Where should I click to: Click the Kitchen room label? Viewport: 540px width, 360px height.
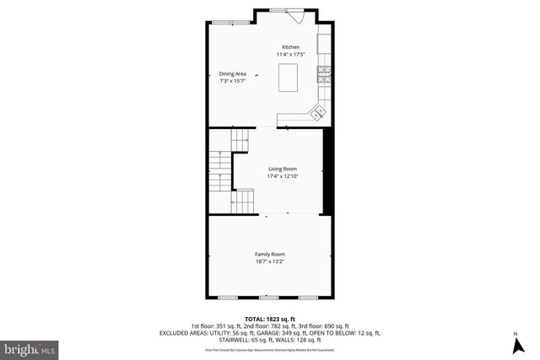[x=290, y=47]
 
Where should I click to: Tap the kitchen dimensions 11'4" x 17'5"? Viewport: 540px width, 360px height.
[x=290, y=55]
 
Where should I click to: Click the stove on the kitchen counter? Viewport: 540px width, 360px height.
[x=323, y=73]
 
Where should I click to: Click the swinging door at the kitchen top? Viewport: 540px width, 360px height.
[x=298, y=16]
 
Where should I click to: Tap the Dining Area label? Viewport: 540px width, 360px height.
[x=232, y=74]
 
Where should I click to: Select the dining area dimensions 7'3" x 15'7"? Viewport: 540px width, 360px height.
[x=232, y=82]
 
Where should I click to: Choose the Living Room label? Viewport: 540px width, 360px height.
[x=283, y=169]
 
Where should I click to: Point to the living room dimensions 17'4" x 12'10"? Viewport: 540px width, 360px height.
[x=283, y=176]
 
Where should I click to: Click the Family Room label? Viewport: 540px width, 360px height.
[x=270, y=254]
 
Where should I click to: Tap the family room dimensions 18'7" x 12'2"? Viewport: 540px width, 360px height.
[x=270, y=261]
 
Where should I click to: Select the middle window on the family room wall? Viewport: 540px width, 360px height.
[x=268, y=298]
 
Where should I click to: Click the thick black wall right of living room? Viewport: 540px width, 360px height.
[x=328, y=169]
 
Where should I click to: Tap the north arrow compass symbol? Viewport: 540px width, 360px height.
[x=515, y=345]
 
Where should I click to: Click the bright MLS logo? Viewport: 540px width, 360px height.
[x=30, y=347]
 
